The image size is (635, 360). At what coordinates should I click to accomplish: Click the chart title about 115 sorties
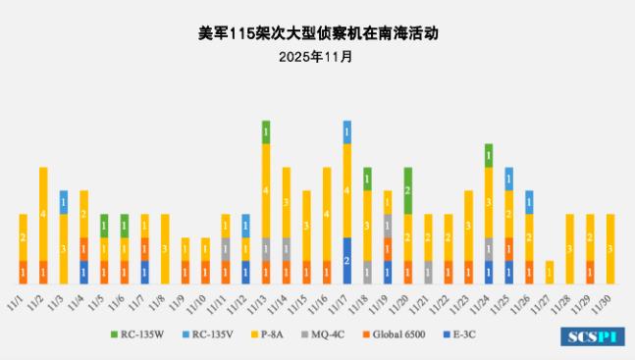[316, 32]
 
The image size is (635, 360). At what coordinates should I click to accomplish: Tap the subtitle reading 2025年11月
[316, 56]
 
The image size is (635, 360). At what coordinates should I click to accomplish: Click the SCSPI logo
[592, 336]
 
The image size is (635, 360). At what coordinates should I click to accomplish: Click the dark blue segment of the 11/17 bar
[347, 260]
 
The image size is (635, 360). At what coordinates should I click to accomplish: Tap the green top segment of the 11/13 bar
[266, 131]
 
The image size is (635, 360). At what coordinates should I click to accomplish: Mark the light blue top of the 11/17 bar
[347, 131]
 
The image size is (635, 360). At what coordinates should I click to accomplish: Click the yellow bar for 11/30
[610, 248]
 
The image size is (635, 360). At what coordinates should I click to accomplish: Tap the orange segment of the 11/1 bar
[24, 272]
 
